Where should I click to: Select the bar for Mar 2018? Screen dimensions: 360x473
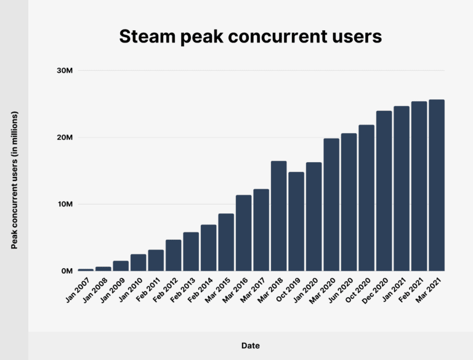pos(278,216)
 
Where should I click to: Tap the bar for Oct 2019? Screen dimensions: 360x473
pos(296,221)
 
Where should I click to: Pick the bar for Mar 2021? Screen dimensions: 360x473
pos(437,185)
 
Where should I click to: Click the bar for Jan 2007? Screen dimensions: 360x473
pos(86,269)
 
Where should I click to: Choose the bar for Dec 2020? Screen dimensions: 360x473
pos(384,190)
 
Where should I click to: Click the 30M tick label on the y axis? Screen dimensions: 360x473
pos(65,71)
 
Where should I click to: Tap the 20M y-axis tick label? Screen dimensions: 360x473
pos(65,137)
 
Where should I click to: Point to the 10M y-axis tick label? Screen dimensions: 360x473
pos(65,204)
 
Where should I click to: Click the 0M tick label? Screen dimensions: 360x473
pos(67,271)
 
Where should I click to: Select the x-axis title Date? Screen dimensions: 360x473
pos(250,346)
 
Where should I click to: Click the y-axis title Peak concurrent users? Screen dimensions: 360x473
pos(14,180)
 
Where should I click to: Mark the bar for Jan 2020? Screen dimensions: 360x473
pos(313,216)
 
